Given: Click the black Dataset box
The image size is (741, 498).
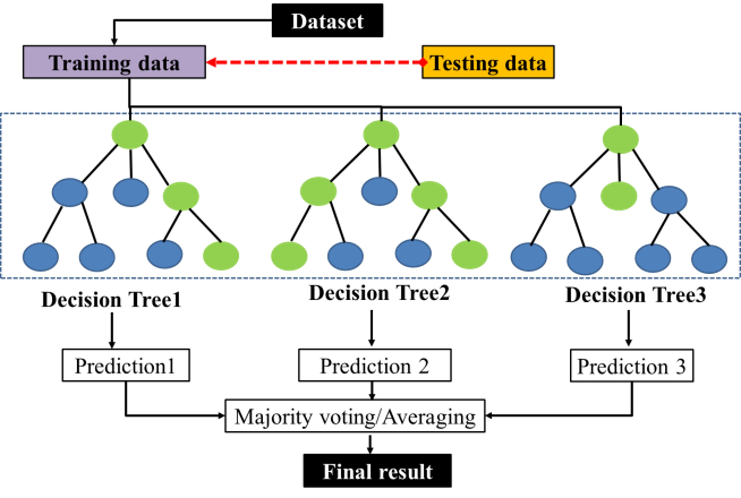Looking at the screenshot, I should point(327,21).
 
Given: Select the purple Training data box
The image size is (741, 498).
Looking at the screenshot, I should point(114,62).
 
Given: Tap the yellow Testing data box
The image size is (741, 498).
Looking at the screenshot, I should point(488,62).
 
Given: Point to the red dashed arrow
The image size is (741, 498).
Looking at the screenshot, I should point(315,62).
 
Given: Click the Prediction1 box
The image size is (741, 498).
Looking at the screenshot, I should point(126,365).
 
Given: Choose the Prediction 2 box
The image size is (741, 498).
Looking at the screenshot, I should point(375,365).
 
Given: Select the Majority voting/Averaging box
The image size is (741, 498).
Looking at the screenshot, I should point(355,416).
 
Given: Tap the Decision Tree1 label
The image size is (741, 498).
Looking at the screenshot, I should point(111,299).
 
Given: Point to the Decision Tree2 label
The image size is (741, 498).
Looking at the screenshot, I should point(379,293).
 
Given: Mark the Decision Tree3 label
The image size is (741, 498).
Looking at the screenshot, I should point(636,295).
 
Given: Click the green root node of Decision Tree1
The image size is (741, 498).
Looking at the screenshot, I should point(130,135).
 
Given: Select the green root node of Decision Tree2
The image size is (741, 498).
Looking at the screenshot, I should point(381,135).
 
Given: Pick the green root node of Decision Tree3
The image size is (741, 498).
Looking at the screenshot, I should point(621,139).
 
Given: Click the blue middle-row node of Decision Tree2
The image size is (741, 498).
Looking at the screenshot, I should point(379,191).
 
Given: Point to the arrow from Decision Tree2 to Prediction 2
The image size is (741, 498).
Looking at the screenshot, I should point(372,328).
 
